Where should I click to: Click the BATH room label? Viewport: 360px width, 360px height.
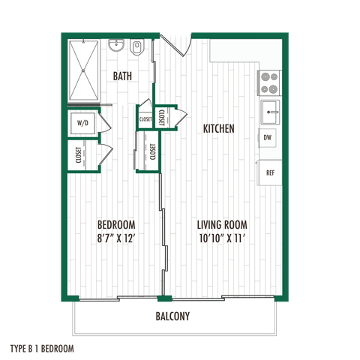pos(123,76)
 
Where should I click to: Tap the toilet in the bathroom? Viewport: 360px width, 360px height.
pos(136,49)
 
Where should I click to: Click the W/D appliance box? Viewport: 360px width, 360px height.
pos(82,123)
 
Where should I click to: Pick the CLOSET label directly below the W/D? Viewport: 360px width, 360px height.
pos(79,155)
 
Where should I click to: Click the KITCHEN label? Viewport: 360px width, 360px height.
pos(219,129)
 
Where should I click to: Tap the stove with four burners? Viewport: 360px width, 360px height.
pos(268,82)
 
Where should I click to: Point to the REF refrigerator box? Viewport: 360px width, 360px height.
pos(269,172)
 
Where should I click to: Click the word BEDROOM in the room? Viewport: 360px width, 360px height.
pos(117,225)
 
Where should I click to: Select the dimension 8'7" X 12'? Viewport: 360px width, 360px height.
pos(117,239)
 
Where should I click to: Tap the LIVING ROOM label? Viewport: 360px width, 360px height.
pos(222,225)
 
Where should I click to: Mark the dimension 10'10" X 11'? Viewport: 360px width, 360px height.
pos(222,239)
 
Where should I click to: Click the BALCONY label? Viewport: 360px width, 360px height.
pos(172,316)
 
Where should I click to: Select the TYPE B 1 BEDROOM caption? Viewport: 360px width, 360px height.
pos(43,348)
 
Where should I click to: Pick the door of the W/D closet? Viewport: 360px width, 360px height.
pos(105,124)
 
